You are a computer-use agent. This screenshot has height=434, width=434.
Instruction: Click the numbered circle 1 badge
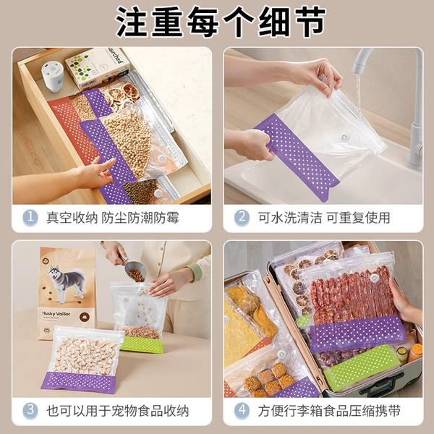coord(30,218)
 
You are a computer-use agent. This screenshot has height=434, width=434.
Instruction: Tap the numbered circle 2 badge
coord(242,218)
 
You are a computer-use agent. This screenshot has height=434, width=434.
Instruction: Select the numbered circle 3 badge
coord(30,410)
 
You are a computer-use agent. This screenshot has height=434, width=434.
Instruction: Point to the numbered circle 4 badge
coord(242,410)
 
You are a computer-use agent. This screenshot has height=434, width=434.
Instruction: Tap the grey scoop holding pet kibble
coord(133,268)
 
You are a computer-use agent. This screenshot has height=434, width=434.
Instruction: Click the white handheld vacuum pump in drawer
coord(53,77)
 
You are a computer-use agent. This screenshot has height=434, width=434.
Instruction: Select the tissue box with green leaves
coord(98,68)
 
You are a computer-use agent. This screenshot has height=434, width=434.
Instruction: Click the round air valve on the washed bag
coord(344,137)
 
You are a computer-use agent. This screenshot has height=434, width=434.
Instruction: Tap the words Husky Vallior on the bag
coord(56,314)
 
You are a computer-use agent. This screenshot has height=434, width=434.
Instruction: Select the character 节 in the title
coord(311,22)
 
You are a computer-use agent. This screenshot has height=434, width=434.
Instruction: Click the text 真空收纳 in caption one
coord(72,218)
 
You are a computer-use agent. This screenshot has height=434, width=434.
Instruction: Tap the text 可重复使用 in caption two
coord(359,218)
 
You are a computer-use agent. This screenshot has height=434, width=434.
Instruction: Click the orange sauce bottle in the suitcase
coord(415,352)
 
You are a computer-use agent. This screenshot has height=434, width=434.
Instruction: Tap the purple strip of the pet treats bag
coord(79,382)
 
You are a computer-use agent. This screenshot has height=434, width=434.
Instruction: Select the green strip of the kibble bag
coord(142,344)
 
